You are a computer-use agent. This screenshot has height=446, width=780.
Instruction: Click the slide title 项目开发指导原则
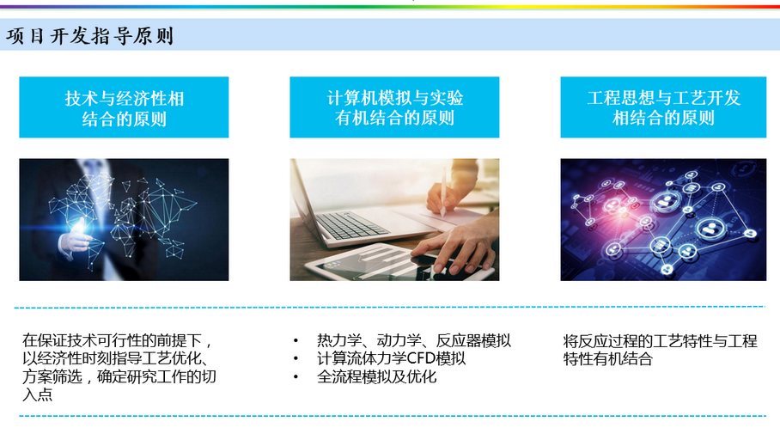tap(90, 36)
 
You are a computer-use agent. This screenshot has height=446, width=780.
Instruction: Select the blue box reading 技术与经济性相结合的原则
tap(124, 107)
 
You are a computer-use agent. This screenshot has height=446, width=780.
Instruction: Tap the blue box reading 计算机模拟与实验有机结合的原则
tap(394, 107)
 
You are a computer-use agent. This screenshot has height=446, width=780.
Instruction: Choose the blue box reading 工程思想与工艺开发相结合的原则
tap(663, 107)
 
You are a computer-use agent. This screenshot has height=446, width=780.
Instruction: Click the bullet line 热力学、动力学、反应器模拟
tap(414, 341)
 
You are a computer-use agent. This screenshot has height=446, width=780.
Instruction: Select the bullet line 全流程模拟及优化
tap(376, 376)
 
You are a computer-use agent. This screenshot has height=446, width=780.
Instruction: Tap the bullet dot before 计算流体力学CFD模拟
tap(296, 359)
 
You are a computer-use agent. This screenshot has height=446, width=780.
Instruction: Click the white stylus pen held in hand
tap(442, 192)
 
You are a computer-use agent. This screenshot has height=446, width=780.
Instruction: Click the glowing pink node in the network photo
tap(611, 205)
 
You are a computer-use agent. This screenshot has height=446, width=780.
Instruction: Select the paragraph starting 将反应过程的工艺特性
tap(660, 350)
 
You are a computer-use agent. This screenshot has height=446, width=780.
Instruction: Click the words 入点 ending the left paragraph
tap(37, 395)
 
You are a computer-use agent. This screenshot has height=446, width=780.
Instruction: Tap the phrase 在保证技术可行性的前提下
tap(112, 341)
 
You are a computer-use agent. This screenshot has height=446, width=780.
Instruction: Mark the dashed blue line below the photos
tap(389, 307)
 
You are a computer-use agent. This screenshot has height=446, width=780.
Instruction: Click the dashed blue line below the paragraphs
tap(393, 416)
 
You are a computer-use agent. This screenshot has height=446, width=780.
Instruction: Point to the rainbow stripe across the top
tap(390, 7)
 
